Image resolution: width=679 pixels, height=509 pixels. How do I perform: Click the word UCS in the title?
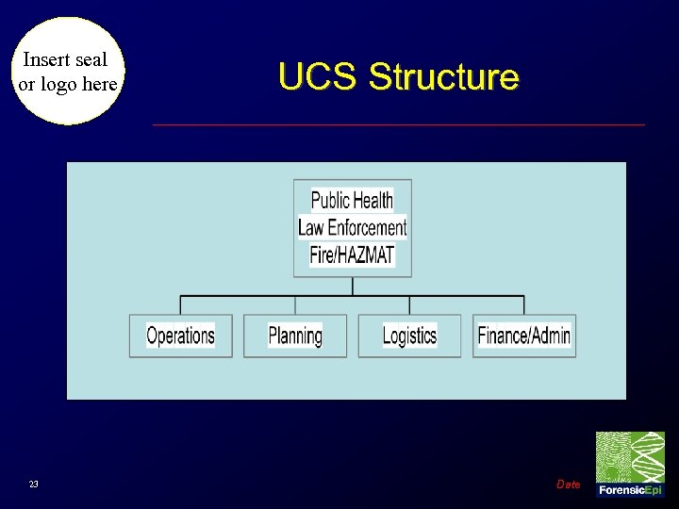(319, 76)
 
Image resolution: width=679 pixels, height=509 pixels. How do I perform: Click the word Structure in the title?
(443, 76)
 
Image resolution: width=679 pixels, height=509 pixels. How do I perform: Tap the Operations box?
(180, 336)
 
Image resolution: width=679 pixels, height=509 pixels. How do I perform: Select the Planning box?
(295, 336)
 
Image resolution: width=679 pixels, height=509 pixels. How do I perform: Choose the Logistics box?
(409, 336)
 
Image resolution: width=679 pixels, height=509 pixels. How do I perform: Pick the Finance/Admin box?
(524, 336)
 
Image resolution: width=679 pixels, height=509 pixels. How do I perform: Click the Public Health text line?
(352, 200)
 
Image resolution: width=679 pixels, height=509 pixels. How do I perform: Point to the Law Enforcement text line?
(352, 227)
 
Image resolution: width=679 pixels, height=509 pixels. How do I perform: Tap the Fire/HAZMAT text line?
(352, 254)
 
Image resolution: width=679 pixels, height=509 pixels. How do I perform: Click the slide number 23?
(34, 484)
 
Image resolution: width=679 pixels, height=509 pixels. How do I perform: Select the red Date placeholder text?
(569, 484)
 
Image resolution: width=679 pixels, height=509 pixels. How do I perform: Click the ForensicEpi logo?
(630, 464)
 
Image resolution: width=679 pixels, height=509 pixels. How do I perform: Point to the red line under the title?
(398, 124)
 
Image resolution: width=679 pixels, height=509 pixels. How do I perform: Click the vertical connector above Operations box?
(180, 305)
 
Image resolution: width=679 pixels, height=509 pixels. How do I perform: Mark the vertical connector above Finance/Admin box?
(524, 305)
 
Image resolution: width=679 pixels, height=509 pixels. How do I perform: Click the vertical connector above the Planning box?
(295, 305)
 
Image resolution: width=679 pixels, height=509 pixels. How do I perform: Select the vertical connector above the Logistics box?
(409, 305)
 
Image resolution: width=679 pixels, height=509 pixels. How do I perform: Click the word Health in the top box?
(373, 200)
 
